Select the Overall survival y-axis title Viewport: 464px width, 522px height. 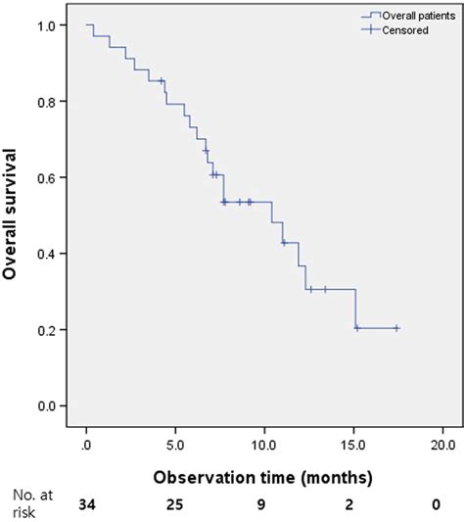(x=13, y=214)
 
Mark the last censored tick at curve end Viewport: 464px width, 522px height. (x=396, y=328)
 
